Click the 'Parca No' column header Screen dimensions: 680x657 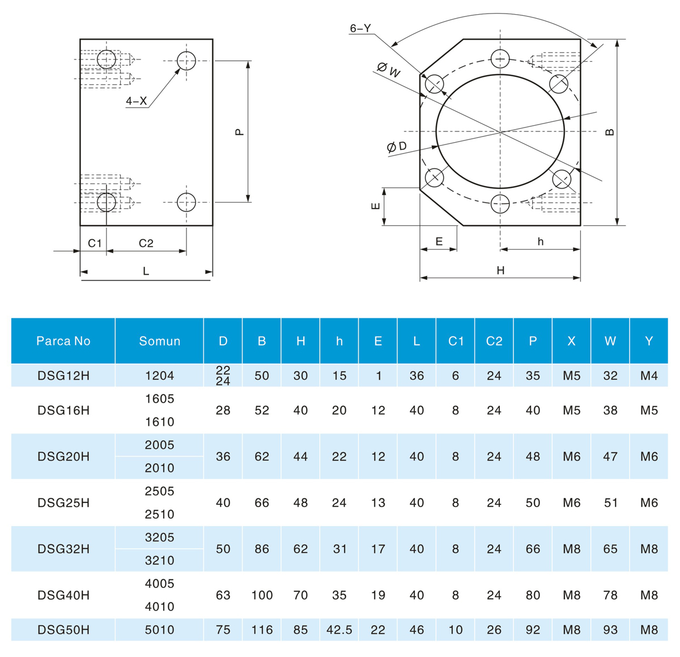pos(63,341)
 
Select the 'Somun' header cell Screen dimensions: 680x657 pos(160,341)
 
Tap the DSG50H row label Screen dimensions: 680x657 pos(63,630)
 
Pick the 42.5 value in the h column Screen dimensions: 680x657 pos(339,630)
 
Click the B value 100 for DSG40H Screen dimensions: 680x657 pos(262,595)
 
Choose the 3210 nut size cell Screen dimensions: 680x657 pos(160,561)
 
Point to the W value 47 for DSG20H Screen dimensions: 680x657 pos(610,457)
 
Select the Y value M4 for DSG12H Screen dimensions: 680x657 pos(649,376)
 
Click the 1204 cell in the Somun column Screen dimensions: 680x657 pos(160,376)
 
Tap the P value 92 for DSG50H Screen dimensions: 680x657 pos(533,630)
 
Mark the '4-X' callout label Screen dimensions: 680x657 pos(136,101)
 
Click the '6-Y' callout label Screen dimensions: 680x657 pos(360,28)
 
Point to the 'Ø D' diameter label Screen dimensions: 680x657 pos(397,147)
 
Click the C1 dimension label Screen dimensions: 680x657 pos(94,243)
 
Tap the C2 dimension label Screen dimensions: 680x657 pos(146,243)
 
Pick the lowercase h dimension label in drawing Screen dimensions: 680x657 pos(541,241)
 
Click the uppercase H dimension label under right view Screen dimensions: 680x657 pos(500,270)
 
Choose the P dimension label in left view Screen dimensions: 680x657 pos(239,132)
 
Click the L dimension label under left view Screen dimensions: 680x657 pos(146,271)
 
